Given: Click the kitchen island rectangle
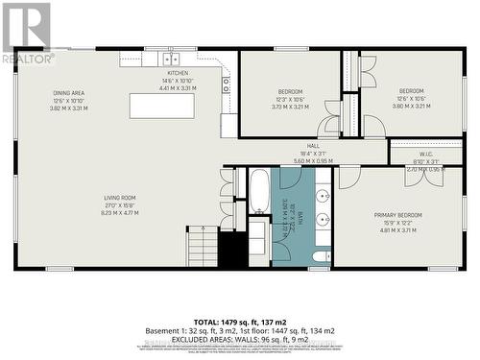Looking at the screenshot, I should click(161, 106).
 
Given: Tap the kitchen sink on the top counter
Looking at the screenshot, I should click(169, 60).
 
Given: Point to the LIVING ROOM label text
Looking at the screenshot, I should click(121, 198).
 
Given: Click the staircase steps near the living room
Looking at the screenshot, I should click(203, 246).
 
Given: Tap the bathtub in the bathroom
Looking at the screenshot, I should click(259, 193).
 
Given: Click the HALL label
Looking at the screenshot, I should click(313, 146).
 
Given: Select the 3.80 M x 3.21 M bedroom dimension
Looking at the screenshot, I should click(411, 107).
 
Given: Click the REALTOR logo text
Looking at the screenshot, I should click(28, 59).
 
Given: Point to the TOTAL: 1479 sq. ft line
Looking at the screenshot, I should click(239, 322).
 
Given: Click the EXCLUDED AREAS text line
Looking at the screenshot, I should click(239, 340).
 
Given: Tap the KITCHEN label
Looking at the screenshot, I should click(179, 73).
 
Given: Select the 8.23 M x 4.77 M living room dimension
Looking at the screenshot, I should click(121, 213).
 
